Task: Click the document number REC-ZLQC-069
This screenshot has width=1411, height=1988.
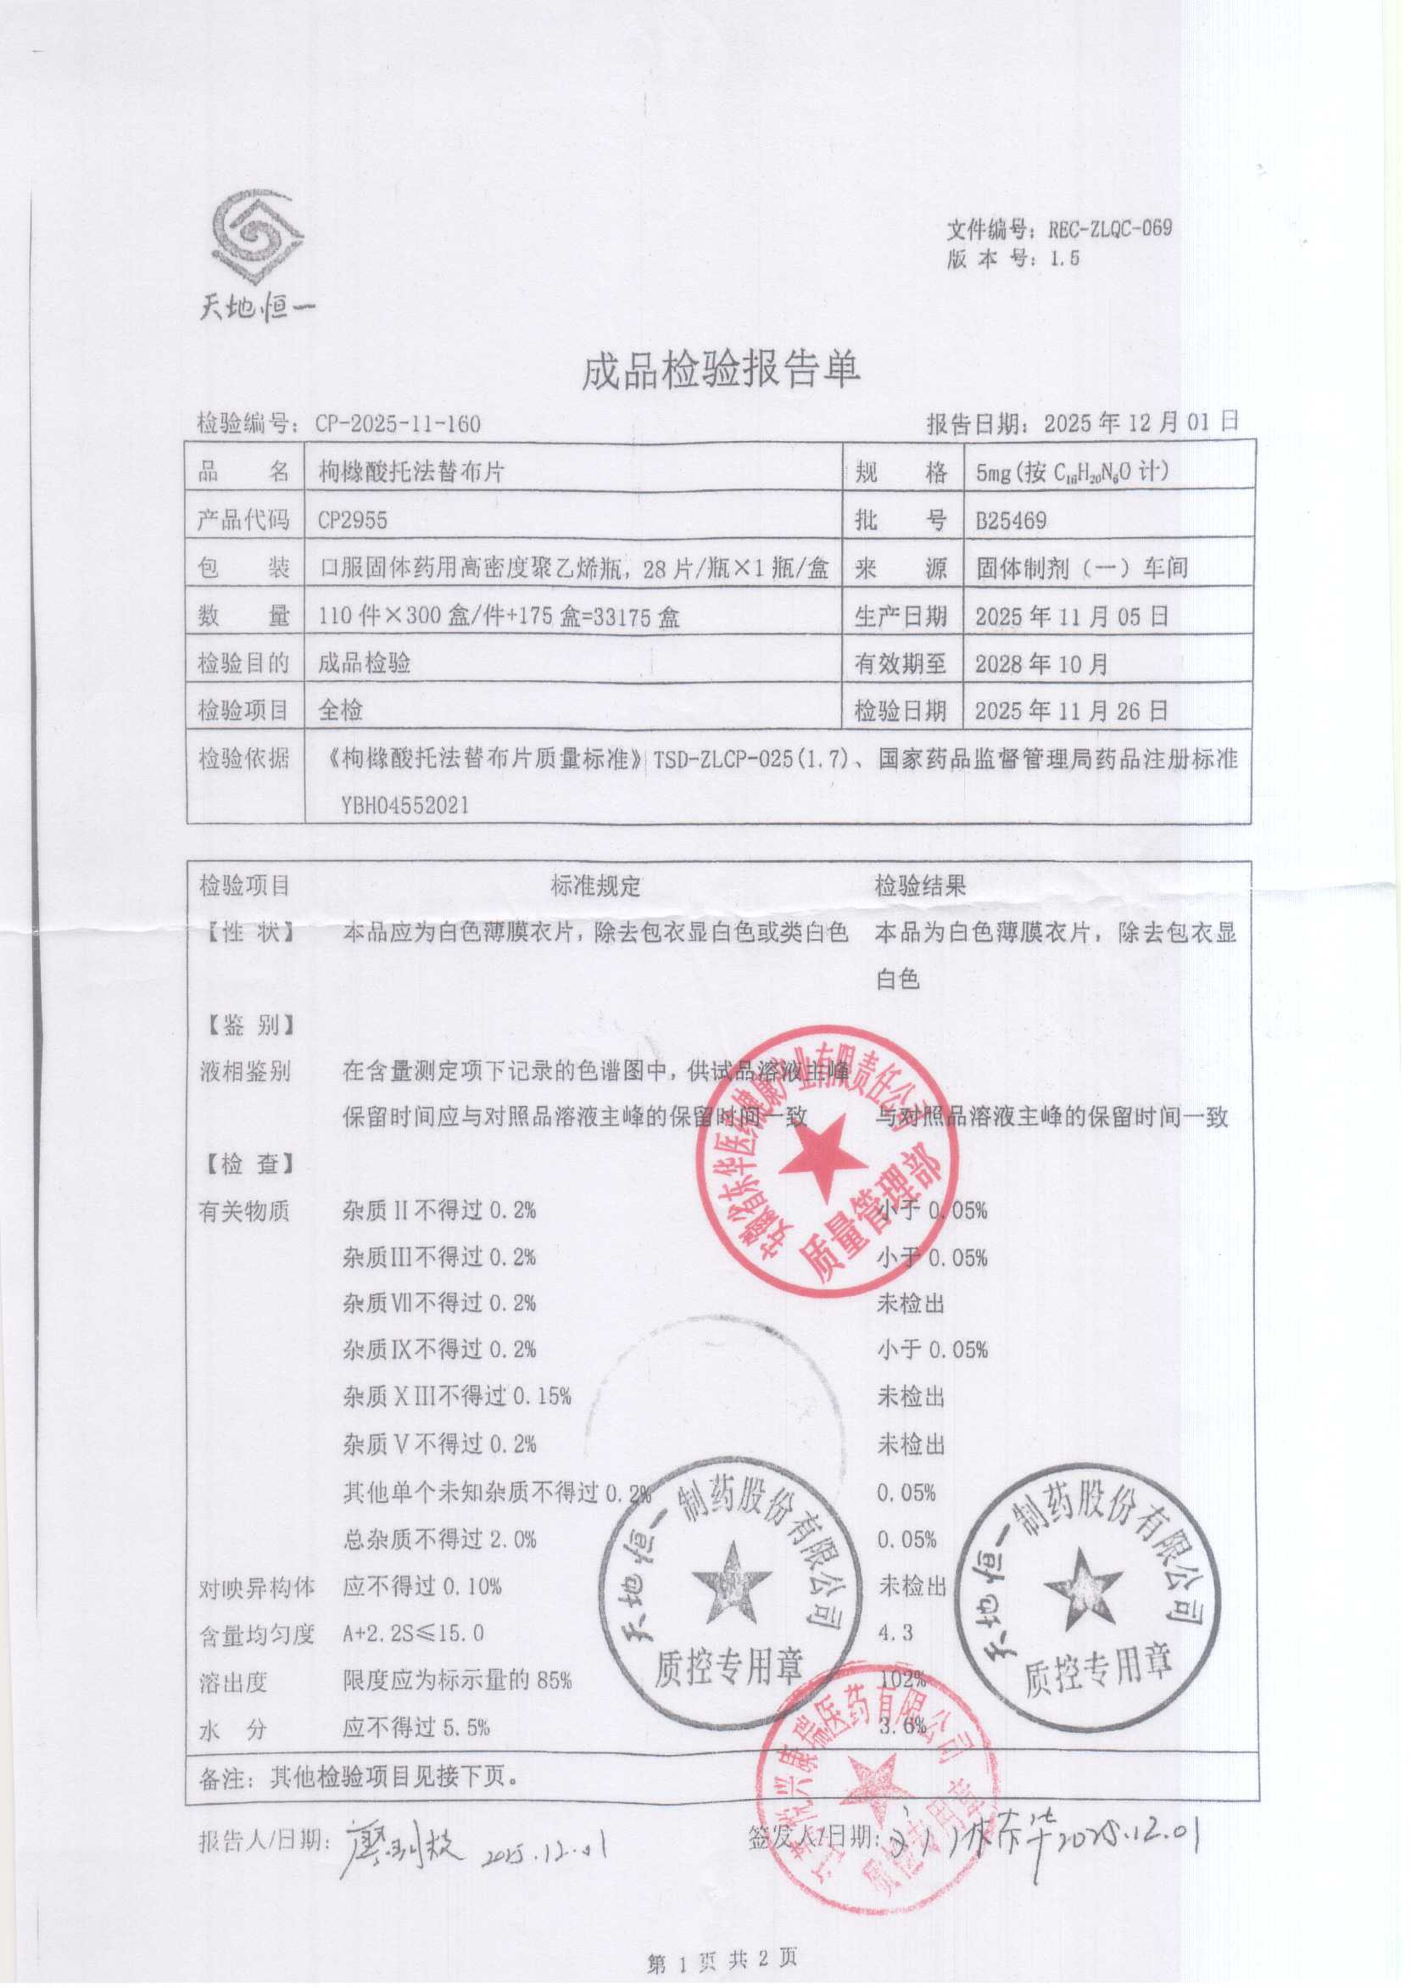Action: pyautogui.click(x=1109, y=229)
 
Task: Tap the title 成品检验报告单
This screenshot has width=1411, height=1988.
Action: pyautogui.click(x=720, y=370)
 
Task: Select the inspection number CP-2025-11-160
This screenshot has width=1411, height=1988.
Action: pyautogui.click(x=398, y=424)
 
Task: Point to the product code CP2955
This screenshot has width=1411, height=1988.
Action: pyautogui.click(x=352, y=521)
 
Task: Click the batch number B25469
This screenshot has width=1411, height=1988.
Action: pyautogui.click(x=1011, y=522)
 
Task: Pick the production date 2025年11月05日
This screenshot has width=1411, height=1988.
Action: pyautogui.click(x=1072, y=617)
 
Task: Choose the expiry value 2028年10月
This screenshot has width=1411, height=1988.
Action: pyautogui.click(x=1042, y=665)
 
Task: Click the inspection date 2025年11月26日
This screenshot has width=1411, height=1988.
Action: pyautogui.click(x=1071, y=712)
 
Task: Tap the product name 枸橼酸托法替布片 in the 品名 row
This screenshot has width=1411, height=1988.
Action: pyautogui.click(x=412, y=472)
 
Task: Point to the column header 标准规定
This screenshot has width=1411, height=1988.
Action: pyautogui.click(x=595, y=886)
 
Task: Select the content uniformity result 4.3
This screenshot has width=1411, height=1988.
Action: pyautogui.click(x=895, y=1633)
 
